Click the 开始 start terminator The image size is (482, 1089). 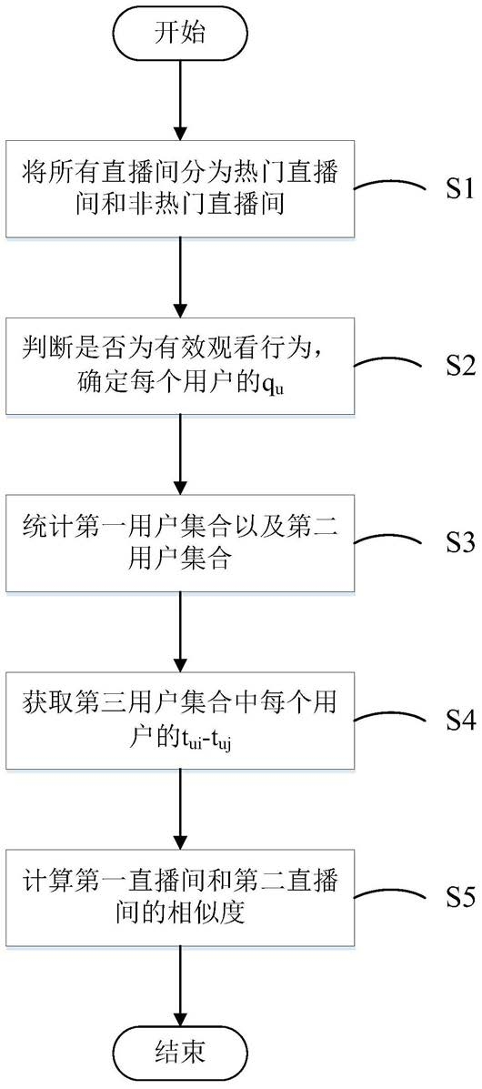[180, 34]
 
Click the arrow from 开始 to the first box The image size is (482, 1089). [180, 101]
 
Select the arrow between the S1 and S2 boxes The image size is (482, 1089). [180, 277]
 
